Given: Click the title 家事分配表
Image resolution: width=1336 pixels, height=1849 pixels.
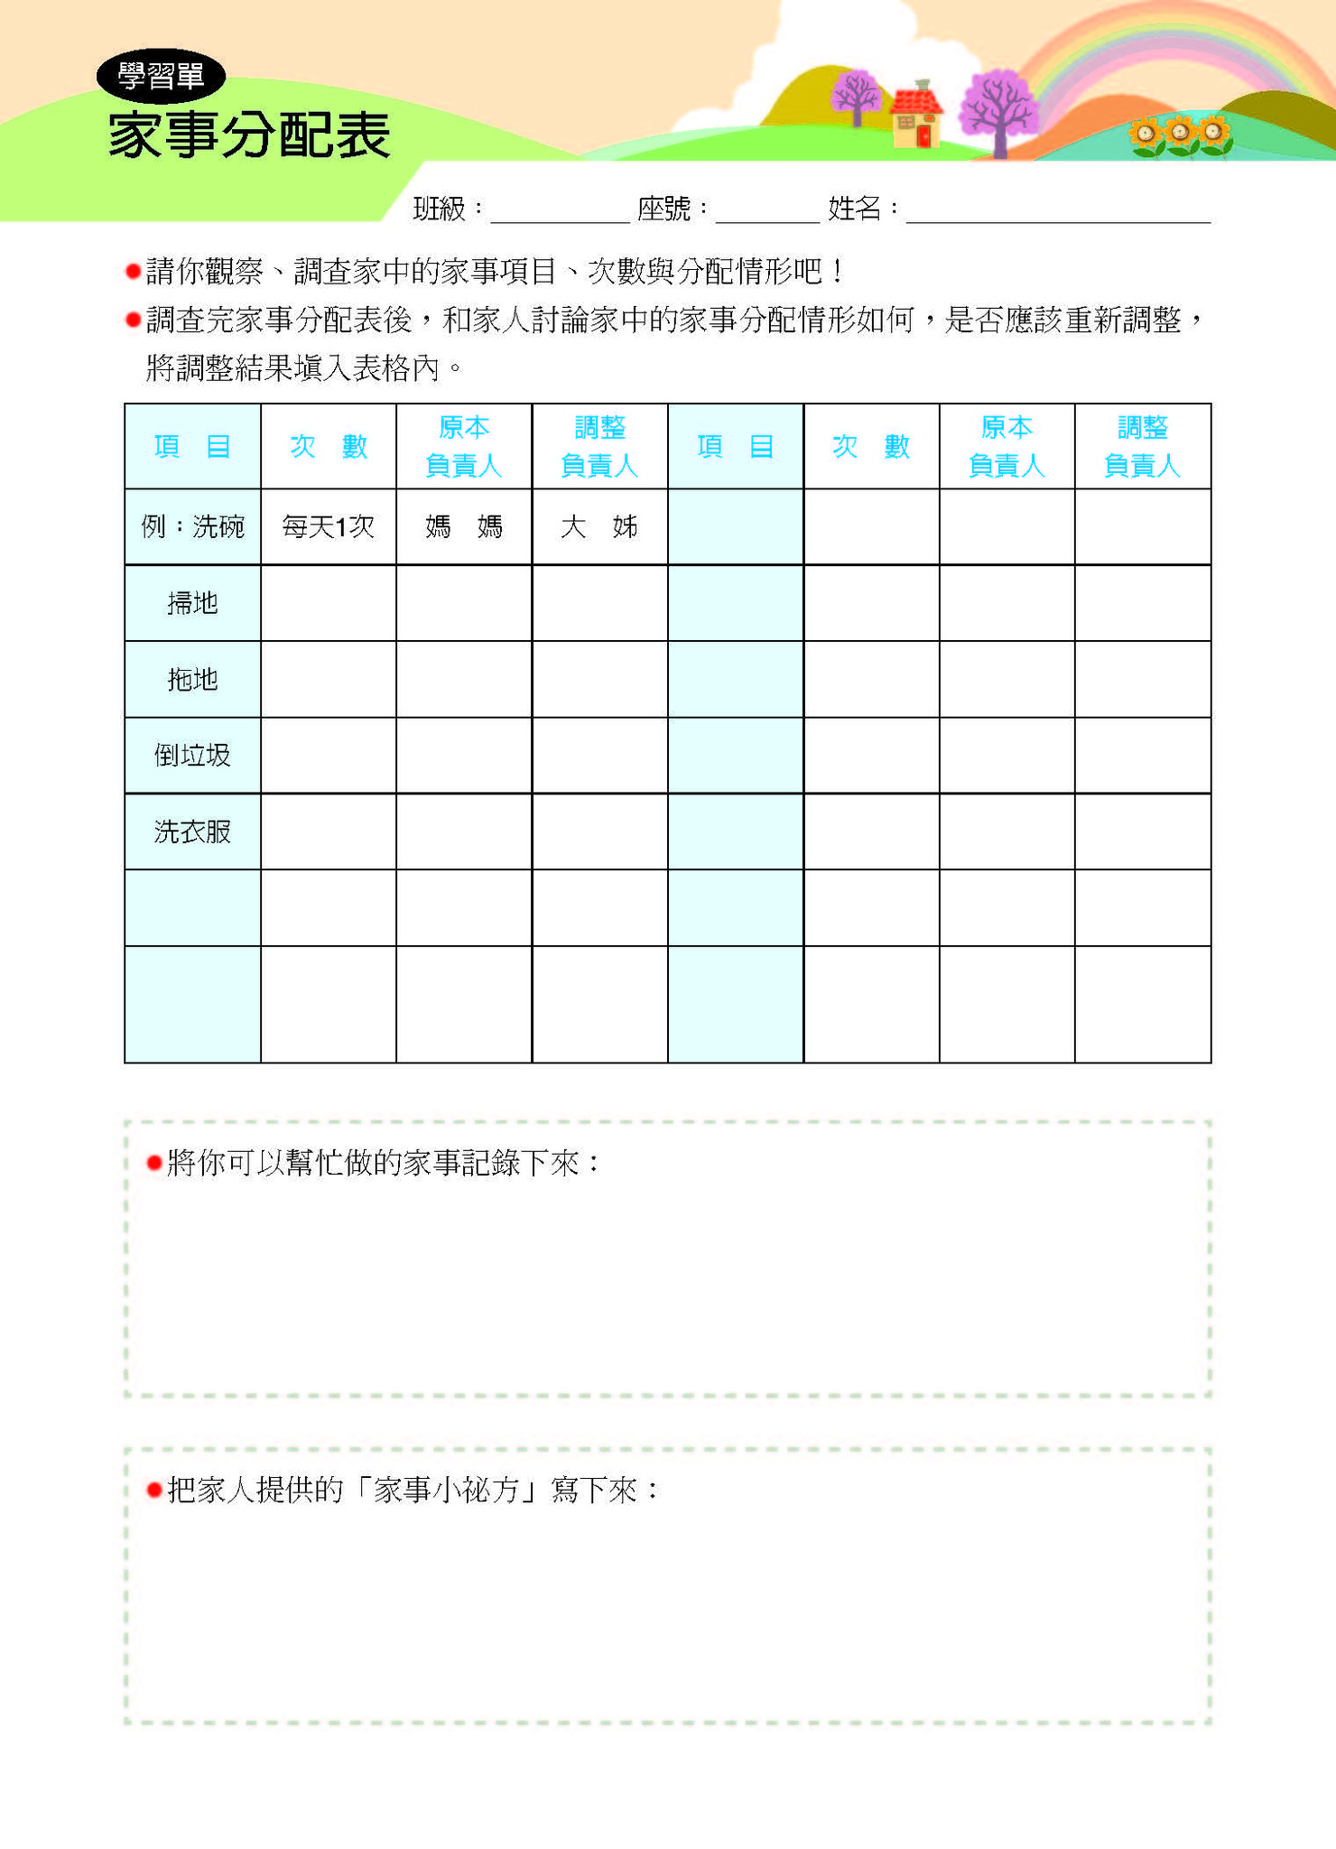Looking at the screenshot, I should click(x=249, y=135).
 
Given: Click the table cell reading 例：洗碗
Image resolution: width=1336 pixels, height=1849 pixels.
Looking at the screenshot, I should click(x=193, y=527).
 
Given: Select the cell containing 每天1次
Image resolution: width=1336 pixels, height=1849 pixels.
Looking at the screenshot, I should click(x=329, y=527).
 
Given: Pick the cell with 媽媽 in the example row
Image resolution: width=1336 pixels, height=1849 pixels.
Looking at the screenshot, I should click(x=464, y=527).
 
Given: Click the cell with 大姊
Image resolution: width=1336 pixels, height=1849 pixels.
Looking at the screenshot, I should click(x=599, y=527).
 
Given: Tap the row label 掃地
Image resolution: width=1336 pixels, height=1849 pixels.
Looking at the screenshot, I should click(x=193, y=603).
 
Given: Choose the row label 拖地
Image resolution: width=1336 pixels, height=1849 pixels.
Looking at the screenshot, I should click(x=193, y=680).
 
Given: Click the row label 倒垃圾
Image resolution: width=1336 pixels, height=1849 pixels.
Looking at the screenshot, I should click(x=193, y=756).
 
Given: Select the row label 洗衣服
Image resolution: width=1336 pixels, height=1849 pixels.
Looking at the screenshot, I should click(x=193, y=832).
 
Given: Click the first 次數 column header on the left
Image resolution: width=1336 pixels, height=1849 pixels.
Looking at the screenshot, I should click(x=329, y=447).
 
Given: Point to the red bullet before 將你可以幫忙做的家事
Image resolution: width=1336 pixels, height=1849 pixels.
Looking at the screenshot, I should click(x=153, y=1163).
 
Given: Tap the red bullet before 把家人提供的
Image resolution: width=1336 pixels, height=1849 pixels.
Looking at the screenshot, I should click(x=153, y=1490).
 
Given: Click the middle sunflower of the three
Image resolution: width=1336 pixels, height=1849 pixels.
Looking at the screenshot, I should click(x=1180, y=135).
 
